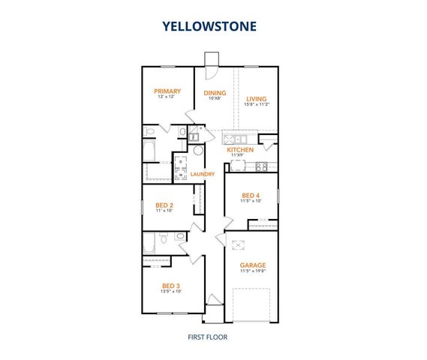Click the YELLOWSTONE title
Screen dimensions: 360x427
click(x=210, y=26)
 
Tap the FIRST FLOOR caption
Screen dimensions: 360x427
click(x=209, y=337)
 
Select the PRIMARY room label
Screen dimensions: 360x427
click(x=168, y=91)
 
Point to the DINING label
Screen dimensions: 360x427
click(x=215, y=93)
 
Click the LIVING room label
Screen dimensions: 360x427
click(x=257, y=98)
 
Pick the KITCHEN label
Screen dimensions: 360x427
click(x=240, y=150)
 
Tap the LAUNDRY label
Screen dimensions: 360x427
click(x=203, y=175)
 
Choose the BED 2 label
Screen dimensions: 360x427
click(x=164, y=205)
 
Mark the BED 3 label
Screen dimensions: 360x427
click(x=171, y=285)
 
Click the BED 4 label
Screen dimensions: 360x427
click(x=251, y=195)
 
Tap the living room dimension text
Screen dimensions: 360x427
click(x=257, y=105)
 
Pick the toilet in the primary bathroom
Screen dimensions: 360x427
click(x=150, y=133)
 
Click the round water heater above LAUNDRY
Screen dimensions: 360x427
click(x=198, y=150)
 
